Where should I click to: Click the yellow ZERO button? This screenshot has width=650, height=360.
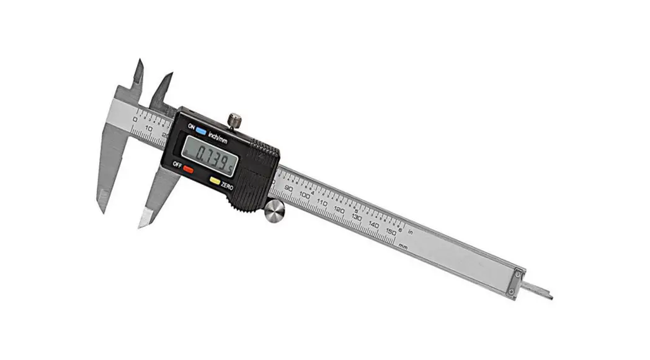pos(215,181)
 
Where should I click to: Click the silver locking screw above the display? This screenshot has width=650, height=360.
pos(234,120)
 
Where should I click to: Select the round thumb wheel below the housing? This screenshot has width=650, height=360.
pos(274,212)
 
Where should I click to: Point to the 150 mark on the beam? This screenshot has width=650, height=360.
pos(391,232)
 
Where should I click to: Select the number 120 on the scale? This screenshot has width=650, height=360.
pos(339,210)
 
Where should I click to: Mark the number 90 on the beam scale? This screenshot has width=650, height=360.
pos(288,188)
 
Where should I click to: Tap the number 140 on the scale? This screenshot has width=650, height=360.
pos(374,225)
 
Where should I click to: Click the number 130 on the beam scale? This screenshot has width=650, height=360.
pos(357,217)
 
